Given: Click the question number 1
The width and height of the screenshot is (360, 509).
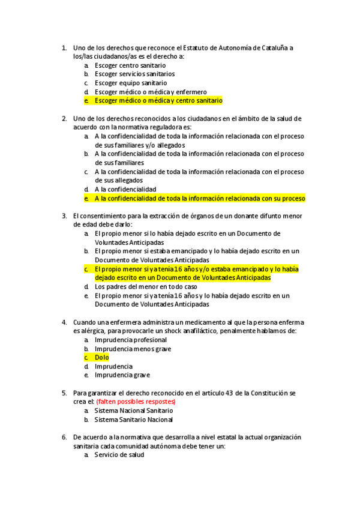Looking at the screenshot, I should (64, 47).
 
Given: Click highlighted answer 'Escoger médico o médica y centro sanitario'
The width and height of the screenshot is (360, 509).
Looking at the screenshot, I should (158, 101).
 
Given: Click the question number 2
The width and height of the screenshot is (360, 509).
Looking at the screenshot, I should (64, 118).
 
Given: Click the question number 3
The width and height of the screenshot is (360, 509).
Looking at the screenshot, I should (64, 215).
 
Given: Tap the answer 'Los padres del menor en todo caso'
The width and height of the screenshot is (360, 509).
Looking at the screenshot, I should (145, 287).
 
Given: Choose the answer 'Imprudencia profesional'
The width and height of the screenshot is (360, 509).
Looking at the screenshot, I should (131, 340).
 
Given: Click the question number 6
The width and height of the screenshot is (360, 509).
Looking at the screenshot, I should (64, 437).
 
